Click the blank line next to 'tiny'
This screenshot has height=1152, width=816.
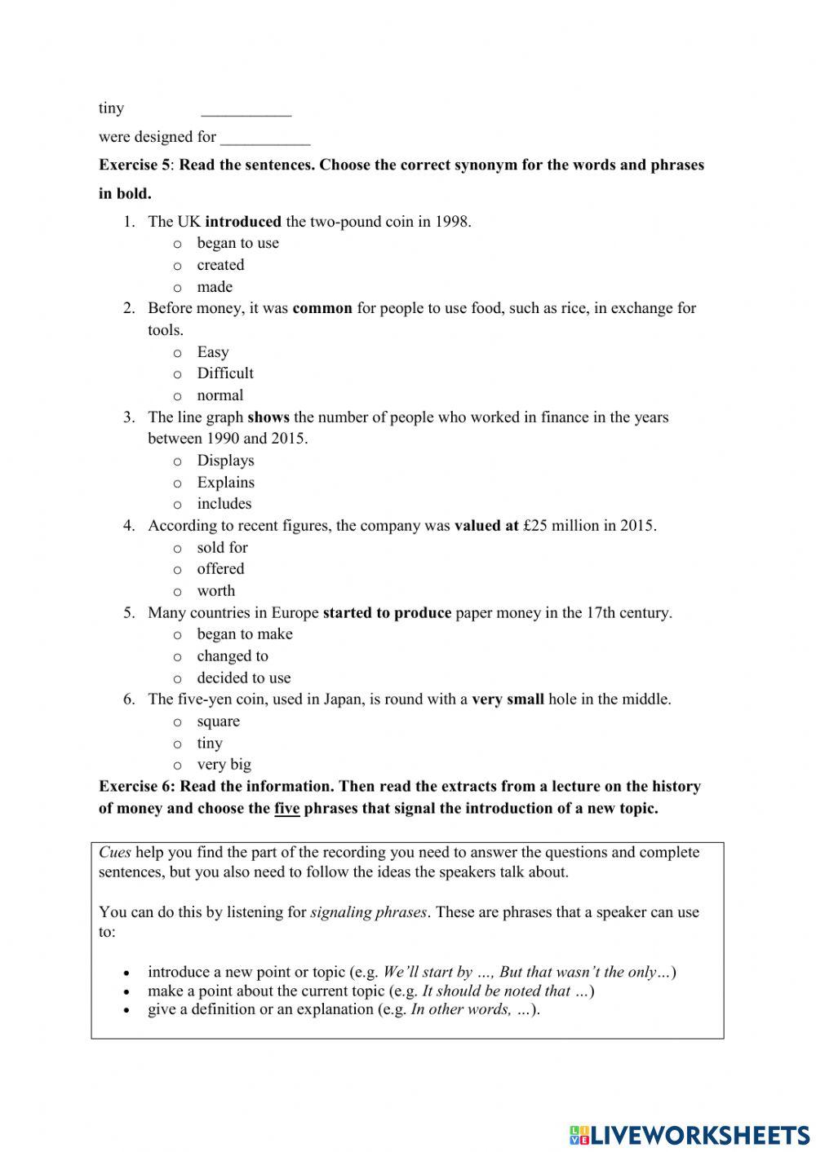coord(246,110)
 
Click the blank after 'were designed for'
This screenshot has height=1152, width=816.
coord(264,139)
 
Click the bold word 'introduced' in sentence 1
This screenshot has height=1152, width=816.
coord(243,221)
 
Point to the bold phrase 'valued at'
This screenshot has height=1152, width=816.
coord(486,526)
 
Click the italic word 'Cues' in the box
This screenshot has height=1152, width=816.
coord(115,852)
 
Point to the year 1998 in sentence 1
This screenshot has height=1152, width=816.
coord(452,221)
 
